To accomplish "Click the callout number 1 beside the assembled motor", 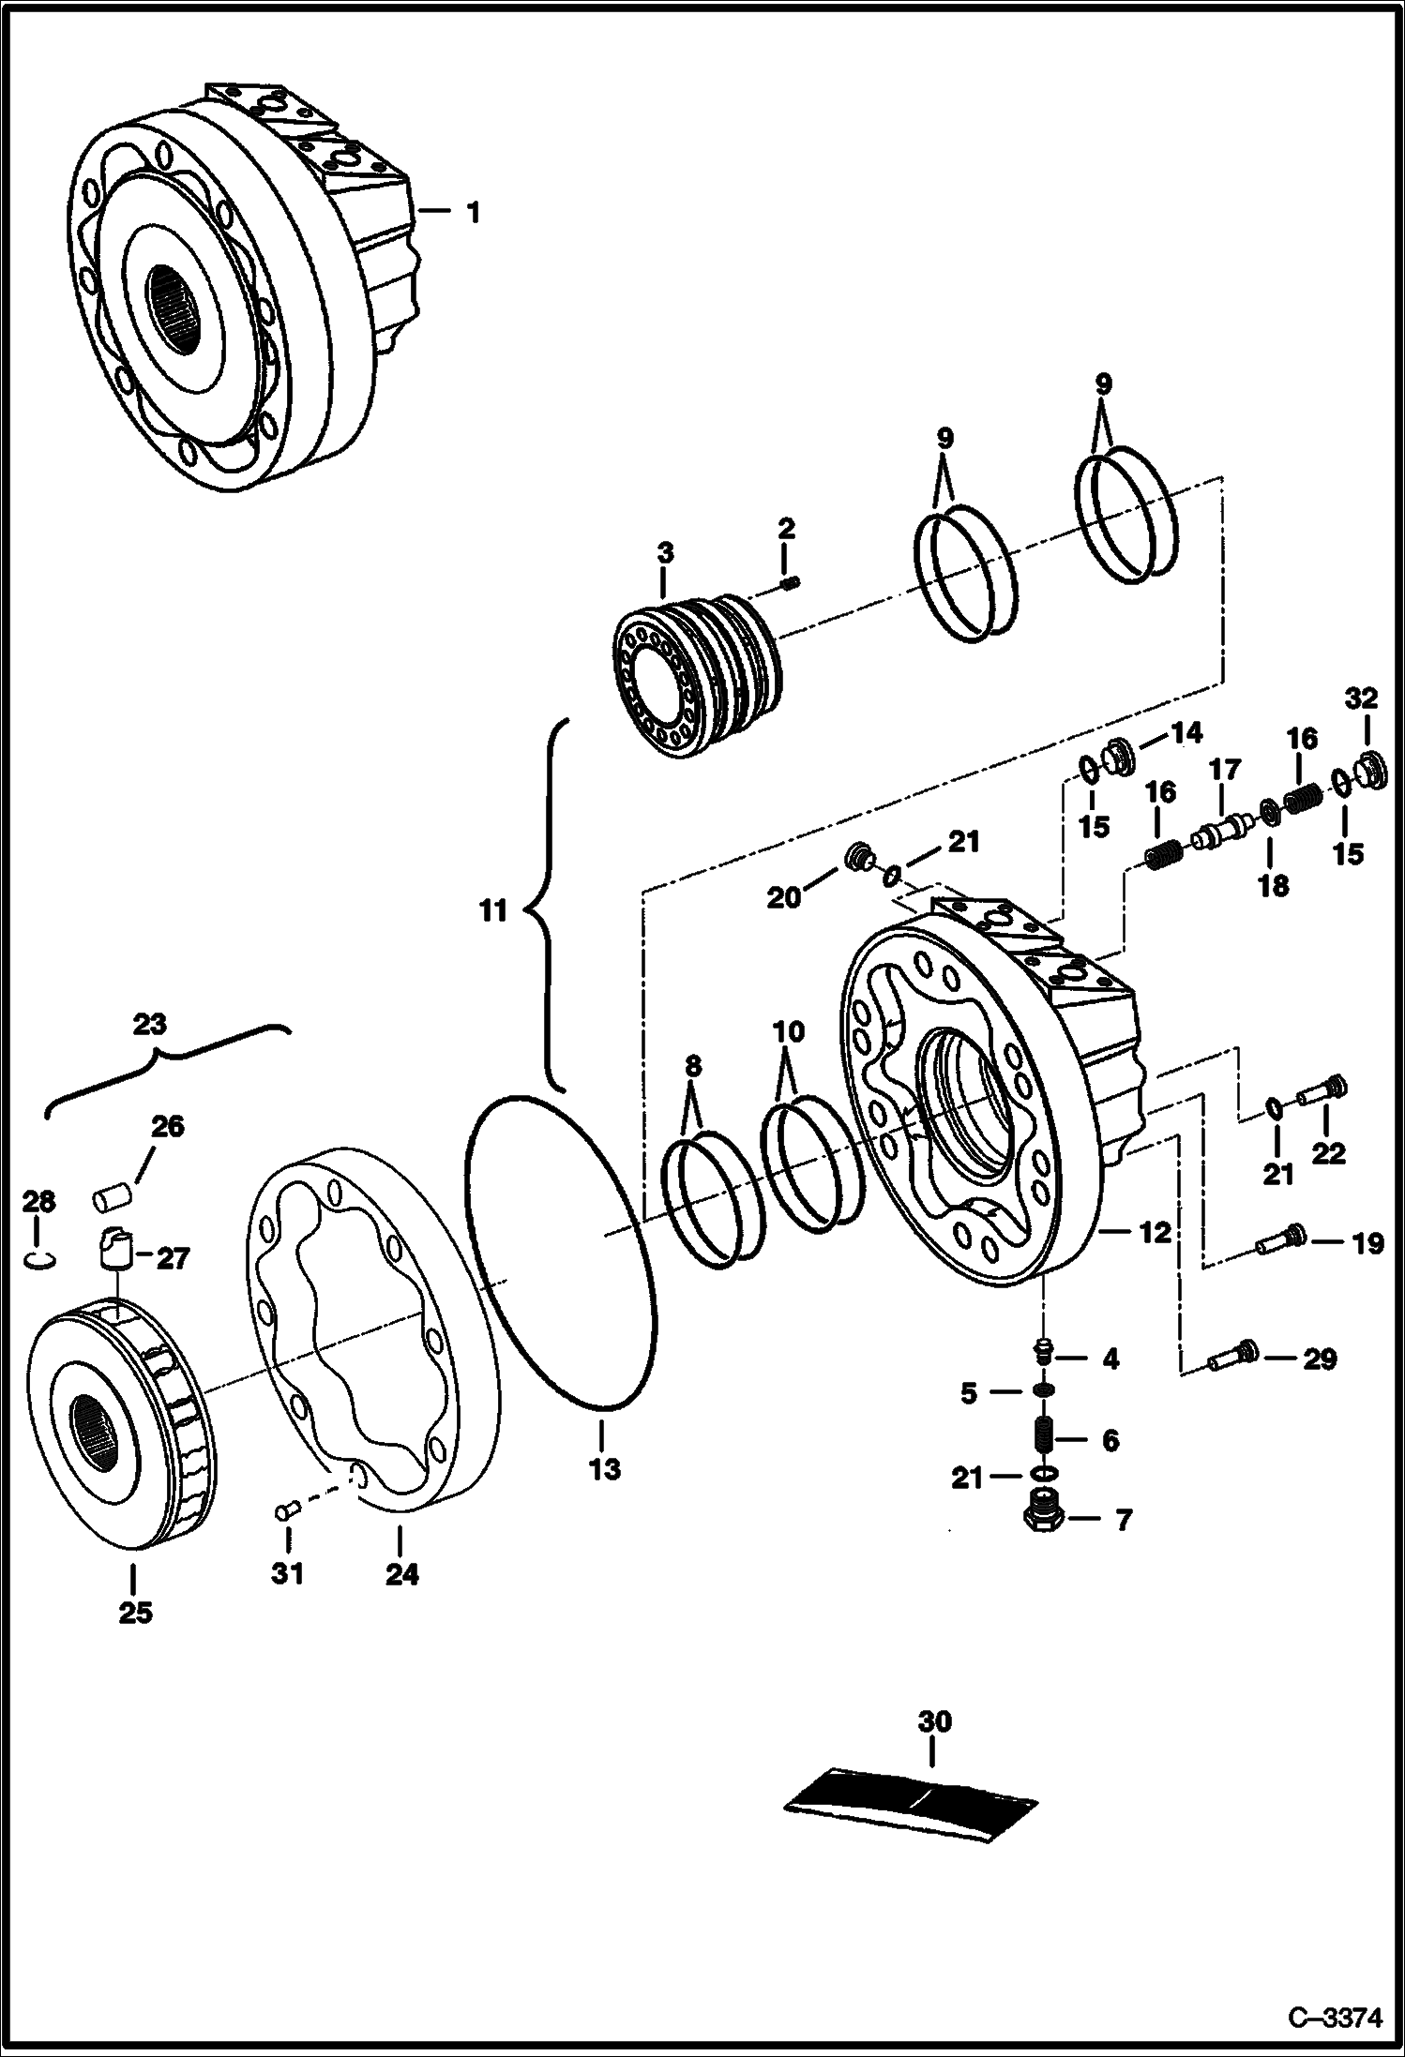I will tap(474, 214).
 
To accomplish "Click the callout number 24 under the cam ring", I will tap(401, 1575).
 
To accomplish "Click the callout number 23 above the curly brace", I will tap(150, 1024).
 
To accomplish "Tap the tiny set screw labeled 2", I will tap(789, 585).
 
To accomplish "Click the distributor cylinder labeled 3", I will tap(688, 675).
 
